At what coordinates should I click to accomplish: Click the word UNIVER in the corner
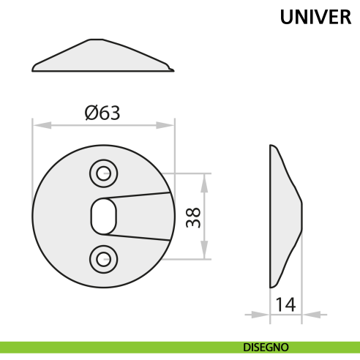[x=315, y=18]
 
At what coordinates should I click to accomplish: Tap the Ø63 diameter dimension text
[x=102, y=113]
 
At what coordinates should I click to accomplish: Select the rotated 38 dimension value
[x=193, y=217]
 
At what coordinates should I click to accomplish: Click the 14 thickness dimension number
[x=286, y=304]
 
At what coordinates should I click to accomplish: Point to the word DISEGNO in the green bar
[x=266, y=347]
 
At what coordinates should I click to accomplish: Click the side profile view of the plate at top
[x=103, y=59]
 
